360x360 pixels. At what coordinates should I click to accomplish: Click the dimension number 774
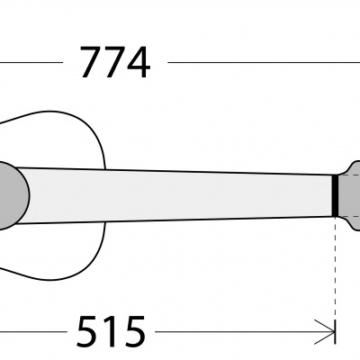point(115,62)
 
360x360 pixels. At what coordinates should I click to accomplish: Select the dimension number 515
point(111,331)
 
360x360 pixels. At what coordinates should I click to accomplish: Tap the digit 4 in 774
point(137,62)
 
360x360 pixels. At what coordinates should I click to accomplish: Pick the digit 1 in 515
point(111,331)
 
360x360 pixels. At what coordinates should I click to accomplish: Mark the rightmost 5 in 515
point(134,331)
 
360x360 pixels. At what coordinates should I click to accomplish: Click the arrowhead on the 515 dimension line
point(325,332)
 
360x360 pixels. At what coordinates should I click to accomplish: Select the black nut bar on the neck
point(335,195)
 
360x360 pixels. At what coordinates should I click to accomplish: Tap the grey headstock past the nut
point(349,195)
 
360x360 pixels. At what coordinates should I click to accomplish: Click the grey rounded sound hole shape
point(12,195)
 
